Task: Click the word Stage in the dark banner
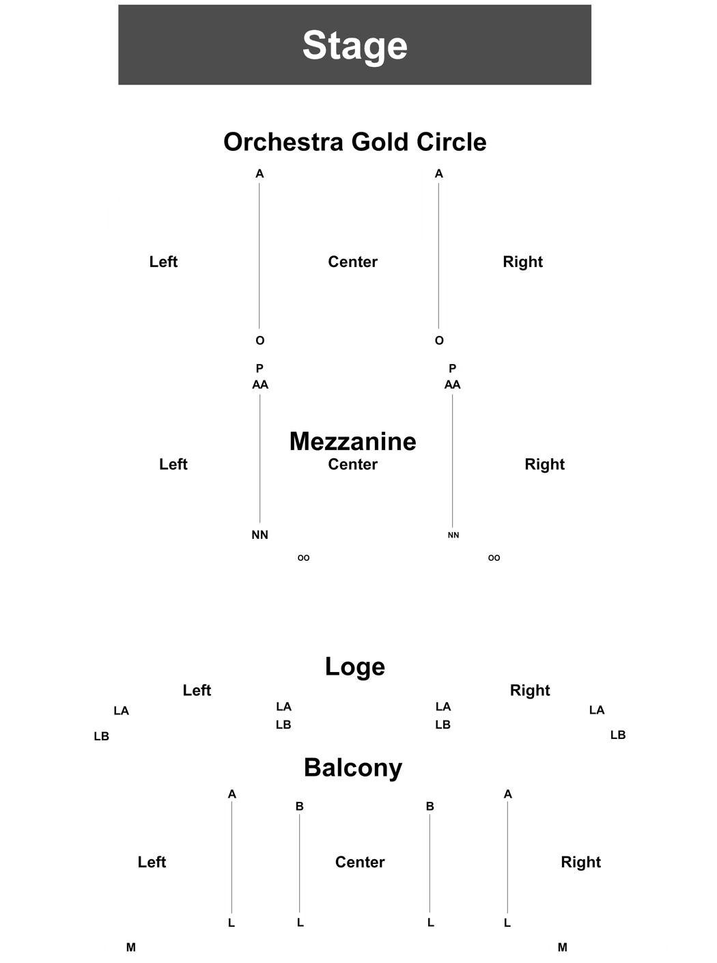(x=355, y=46)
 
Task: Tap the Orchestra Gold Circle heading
(x=355, y=142)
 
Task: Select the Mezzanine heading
(x=352, y=442)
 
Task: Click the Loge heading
(x=355, y=667)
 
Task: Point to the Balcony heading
(x=352, y=768)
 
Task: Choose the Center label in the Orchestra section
(x=352, y=262)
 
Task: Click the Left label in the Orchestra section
(x=163, y=262)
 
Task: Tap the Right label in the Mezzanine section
(x=545, y=464)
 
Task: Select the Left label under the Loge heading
(x=197, y=690)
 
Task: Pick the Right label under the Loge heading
(x=530, y=690)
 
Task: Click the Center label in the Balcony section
(x=360, y=862)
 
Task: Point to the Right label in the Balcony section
(x=580, y=863)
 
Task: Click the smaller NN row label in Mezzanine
(x=453, y=535)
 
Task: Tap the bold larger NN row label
(x=259, y=535)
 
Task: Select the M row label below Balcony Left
(x=130, y=947)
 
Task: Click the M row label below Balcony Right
(x=563, y=947)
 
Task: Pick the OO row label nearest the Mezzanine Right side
(x=494, y=558)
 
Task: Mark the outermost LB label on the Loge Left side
(x=101, y=736)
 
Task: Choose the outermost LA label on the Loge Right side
(x=597, y=710)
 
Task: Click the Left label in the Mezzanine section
(x=173, y=464)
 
